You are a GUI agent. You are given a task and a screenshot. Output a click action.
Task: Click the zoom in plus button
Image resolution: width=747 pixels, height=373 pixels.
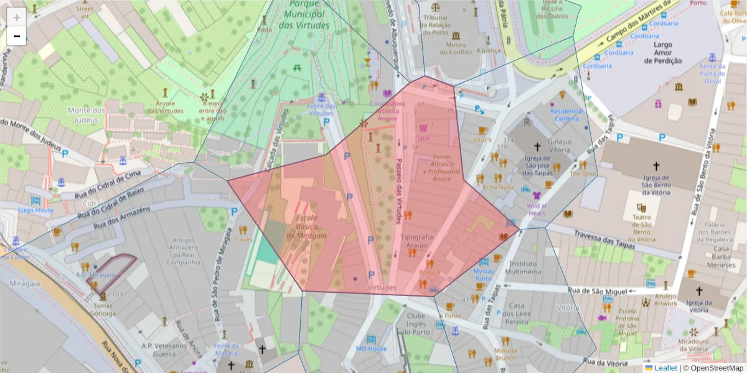pyautogui.click(x=17, y=16)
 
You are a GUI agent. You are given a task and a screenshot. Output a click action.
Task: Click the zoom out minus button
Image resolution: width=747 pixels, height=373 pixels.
pyautogui.click(x=17, y=36)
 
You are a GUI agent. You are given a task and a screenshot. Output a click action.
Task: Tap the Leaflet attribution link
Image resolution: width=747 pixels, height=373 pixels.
pyautogui.click(x=665, y=368)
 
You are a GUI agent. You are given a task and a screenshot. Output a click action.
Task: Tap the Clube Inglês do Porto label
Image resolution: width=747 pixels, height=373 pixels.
pyautogui.click(x=416, y=323)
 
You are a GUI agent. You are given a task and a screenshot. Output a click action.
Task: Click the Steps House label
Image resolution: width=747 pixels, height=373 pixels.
pyautogui.click(x=35, y=210)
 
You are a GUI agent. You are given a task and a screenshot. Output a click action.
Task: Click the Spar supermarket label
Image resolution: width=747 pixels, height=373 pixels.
pyautogui.click(x=423, y=138)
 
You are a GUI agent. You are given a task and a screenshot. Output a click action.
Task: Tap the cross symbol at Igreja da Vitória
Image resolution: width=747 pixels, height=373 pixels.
pyautogui.click(x=698, y=291)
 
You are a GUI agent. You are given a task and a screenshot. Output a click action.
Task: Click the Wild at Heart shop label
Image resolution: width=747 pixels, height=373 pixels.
pyautogui.click(x=537, y=209)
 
